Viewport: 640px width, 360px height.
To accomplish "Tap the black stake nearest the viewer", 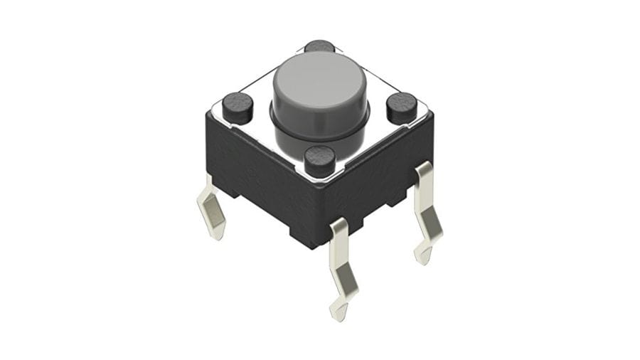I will point(319,160).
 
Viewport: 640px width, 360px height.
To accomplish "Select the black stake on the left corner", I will point(238,107).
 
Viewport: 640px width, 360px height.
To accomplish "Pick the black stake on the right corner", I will point(402,107).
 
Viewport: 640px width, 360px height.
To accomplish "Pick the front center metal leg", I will point(342,263).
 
